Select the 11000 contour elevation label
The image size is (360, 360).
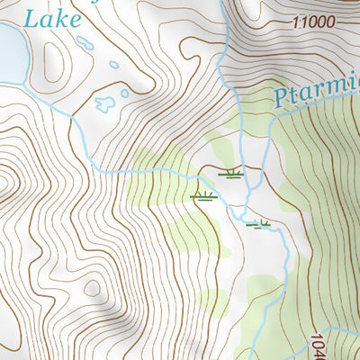click(312, 22)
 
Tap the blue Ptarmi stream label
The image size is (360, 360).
click(315, 93)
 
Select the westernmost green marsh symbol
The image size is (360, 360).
click(203, 195)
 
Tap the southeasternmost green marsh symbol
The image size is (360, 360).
click(259, 224)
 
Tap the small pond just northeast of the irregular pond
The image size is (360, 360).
click(124, 91)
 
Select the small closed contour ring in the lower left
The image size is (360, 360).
click(92, 288)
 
